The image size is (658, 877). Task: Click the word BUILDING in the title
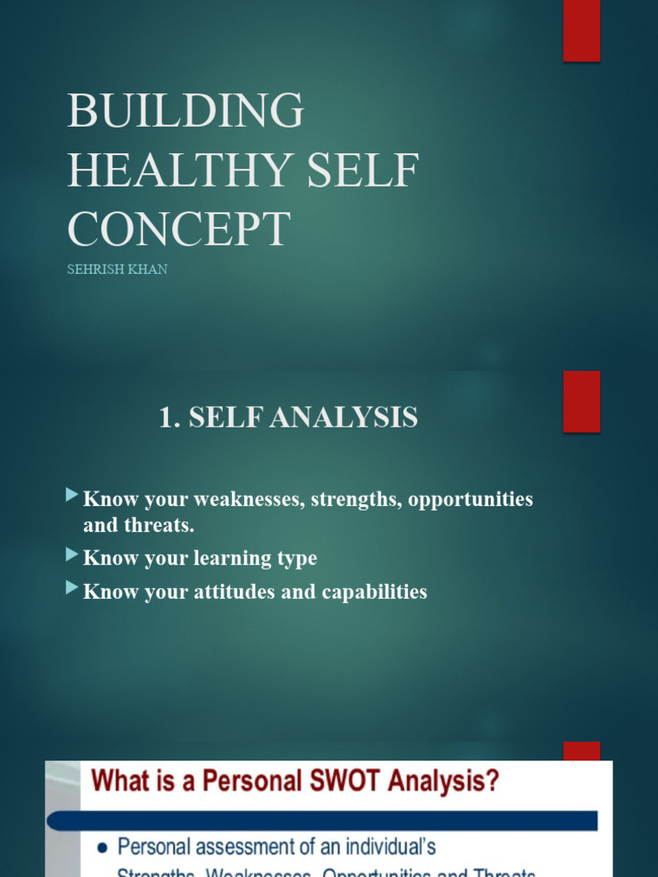[x=185, y=110]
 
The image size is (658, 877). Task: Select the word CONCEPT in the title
[x=179, y=230]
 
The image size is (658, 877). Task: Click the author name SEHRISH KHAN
[x=117, y=269]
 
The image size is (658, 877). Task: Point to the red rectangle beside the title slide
[x=581, y=31]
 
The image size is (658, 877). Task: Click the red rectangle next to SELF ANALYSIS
[x=581, y=401]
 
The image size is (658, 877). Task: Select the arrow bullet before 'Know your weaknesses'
[x=72, y=496]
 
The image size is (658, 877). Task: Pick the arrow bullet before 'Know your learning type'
[x=72, y=556]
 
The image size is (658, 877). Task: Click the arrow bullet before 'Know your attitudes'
[x=72, y=589]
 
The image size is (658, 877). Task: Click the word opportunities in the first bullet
[x=470, y=499]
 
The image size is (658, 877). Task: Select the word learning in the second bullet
[x=235, y=559]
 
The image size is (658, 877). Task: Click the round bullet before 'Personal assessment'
[x=102, y=848]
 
